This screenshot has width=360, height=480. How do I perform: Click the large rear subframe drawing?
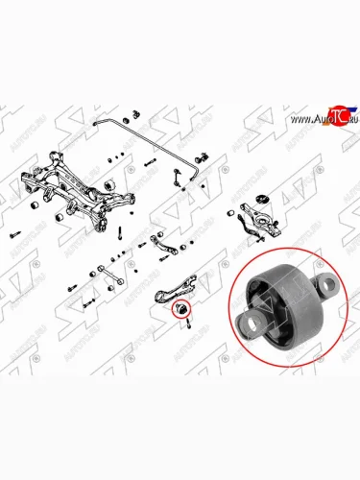pyautogui.click(x=82, y=192)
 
